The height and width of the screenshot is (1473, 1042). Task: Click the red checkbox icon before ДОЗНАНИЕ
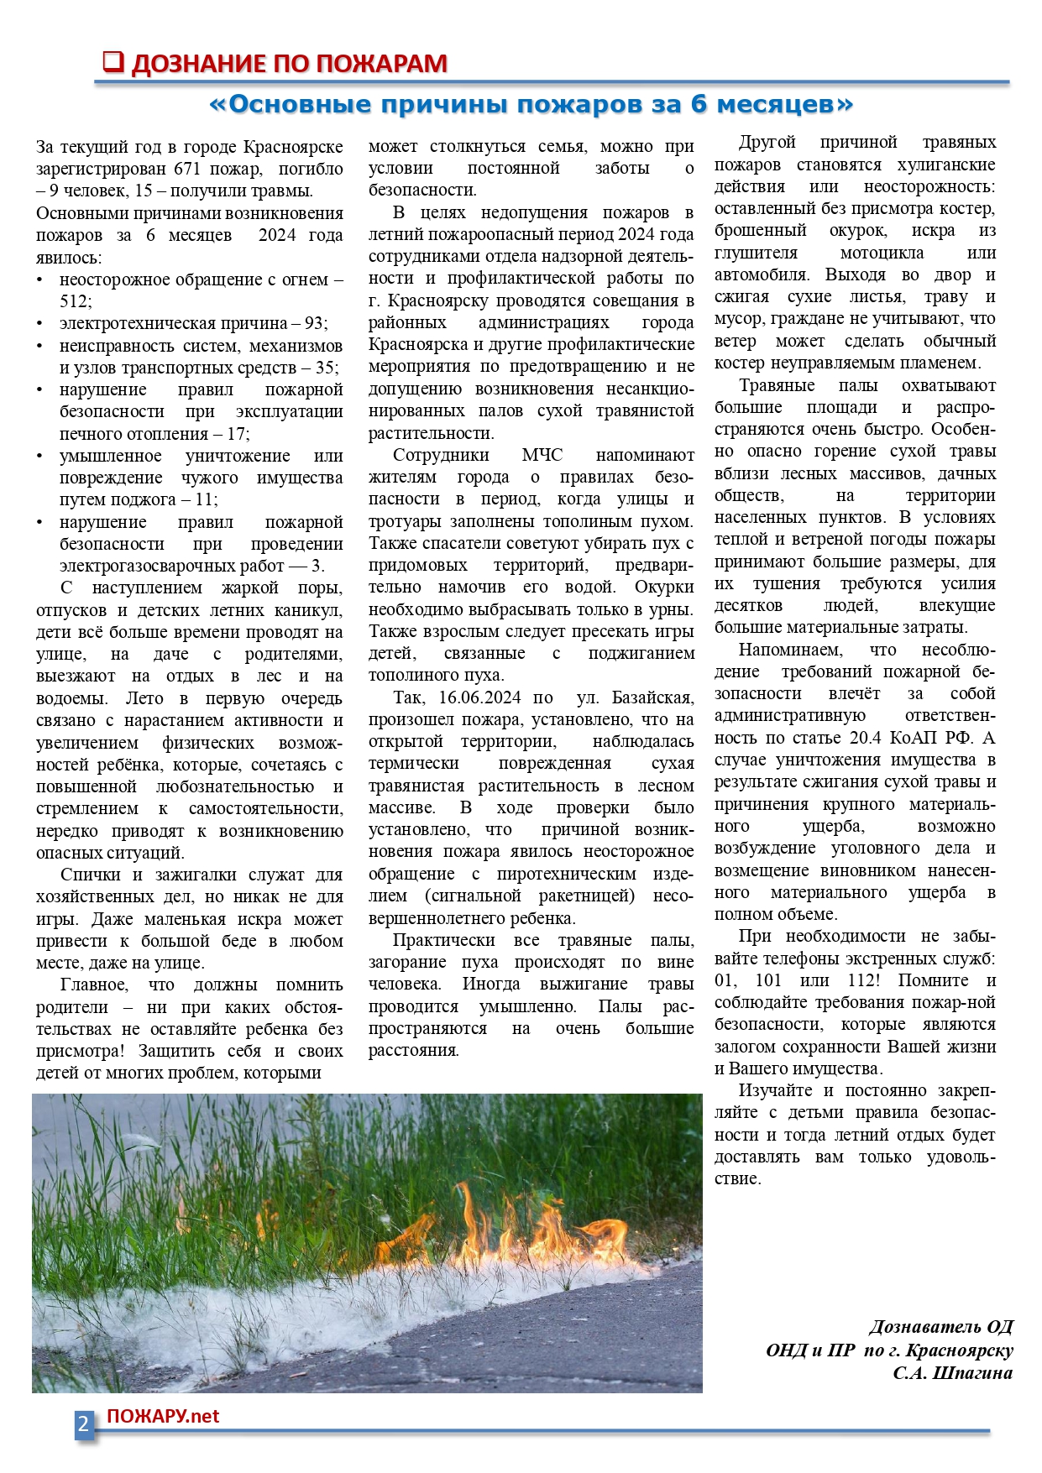click(x=113, y=62)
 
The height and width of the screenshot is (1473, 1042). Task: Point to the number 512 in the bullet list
click(x=74, y=301)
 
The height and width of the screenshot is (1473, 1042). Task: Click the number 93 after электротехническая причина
click(x=313, y=323)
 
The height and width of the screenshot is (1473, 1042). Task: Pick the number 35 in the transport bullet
click(x=324, y=368)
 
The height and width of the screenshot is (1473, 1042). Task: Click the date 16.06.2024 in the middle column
click(x=479, y=697)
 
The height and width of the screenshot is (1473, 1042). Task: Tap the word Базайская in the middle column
click(x=652, y=697)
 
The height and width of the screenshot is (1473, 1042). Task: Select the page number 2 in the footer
click(x=83, y=1424)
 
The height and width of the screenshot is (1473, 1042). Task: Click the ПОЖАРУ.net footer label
click(x=163, y=1416)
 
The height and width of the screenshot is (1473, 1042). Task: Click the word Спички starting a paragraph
click(x=90, y=875)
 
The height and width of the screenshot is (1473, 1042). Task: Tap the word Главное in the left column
click(x=93, y=985)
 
